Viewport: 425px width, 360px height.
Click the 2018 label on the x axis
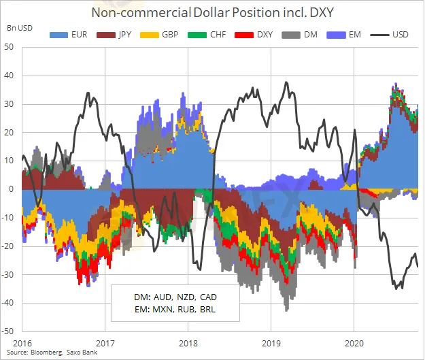point(188,343)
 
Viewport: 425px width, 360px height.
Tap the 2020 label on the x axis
point(354,343)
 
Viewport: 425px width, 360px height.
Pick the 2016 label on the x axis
point(22,343)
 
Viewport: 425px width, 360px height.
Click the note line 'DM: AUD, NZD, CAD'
point(174,298)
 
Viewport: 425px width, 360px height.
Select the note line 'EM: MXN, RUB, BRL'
point(174,310)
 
